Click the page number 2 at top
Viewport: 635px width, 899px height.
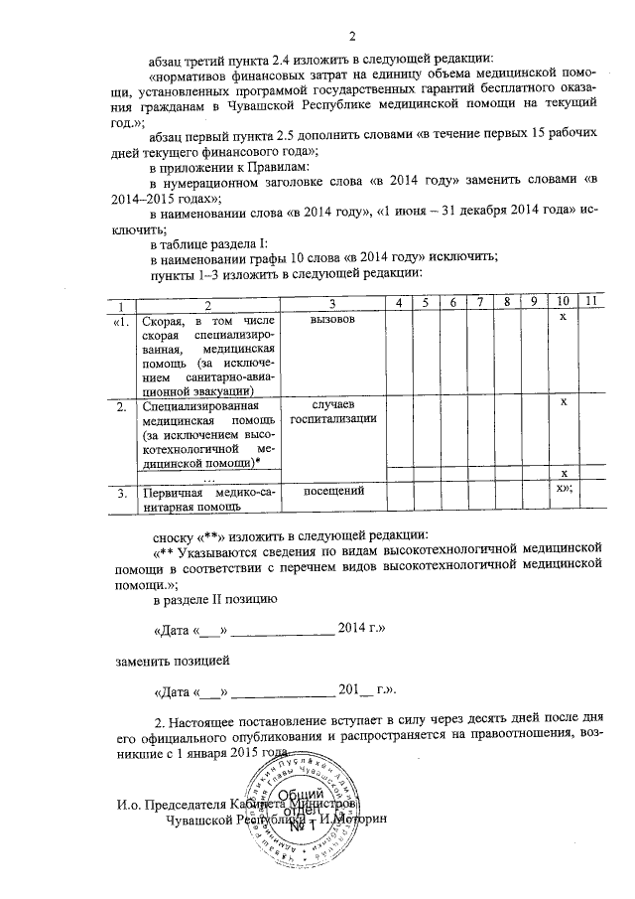[x=323, y=13]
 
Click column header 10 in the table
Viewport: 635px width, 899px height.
[x=563, y=303]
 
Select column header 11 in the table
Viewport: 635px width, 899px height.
[x=590, y=303]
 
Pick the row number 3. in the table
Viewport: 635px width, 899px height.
[x=121, y=492]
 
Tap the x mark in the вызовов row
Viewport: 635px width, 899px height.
[x=563, y=316]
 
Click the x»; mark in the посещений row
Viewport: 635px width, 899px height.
[x=565, y=490]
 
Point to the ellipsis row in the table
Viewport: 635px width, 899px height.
[x=207, y=477]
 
